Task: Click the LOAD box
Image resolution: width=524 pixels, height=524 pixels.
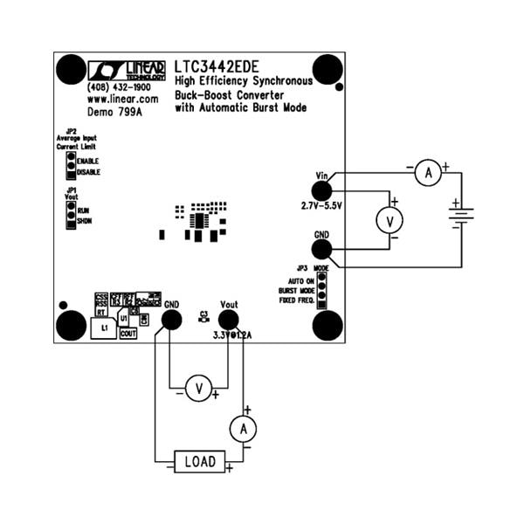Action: [199, 460]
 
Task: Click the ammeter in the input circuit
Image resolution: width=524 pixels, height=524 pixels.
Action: [428, 174]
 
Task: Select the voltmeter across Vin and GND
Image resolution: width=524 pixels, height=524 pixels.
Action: [387, 221]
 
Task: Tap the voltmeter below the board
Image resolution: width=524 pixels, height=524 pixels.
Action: [198, 388]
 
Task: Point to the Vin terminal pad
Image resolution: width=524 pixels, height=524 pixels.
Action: [321, 190]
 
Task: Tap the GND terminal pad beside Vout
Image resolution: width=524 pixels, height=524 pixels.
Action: [171, 320]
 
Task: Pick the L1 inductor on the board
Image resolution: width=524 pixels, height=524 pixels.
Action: [103, 327]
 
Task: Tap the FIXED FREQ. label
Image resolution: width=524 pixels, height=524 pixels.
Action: [296, 300]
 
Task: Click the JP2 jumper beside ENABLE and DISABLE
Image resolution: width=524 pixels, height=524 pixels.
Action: [71, 166]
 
